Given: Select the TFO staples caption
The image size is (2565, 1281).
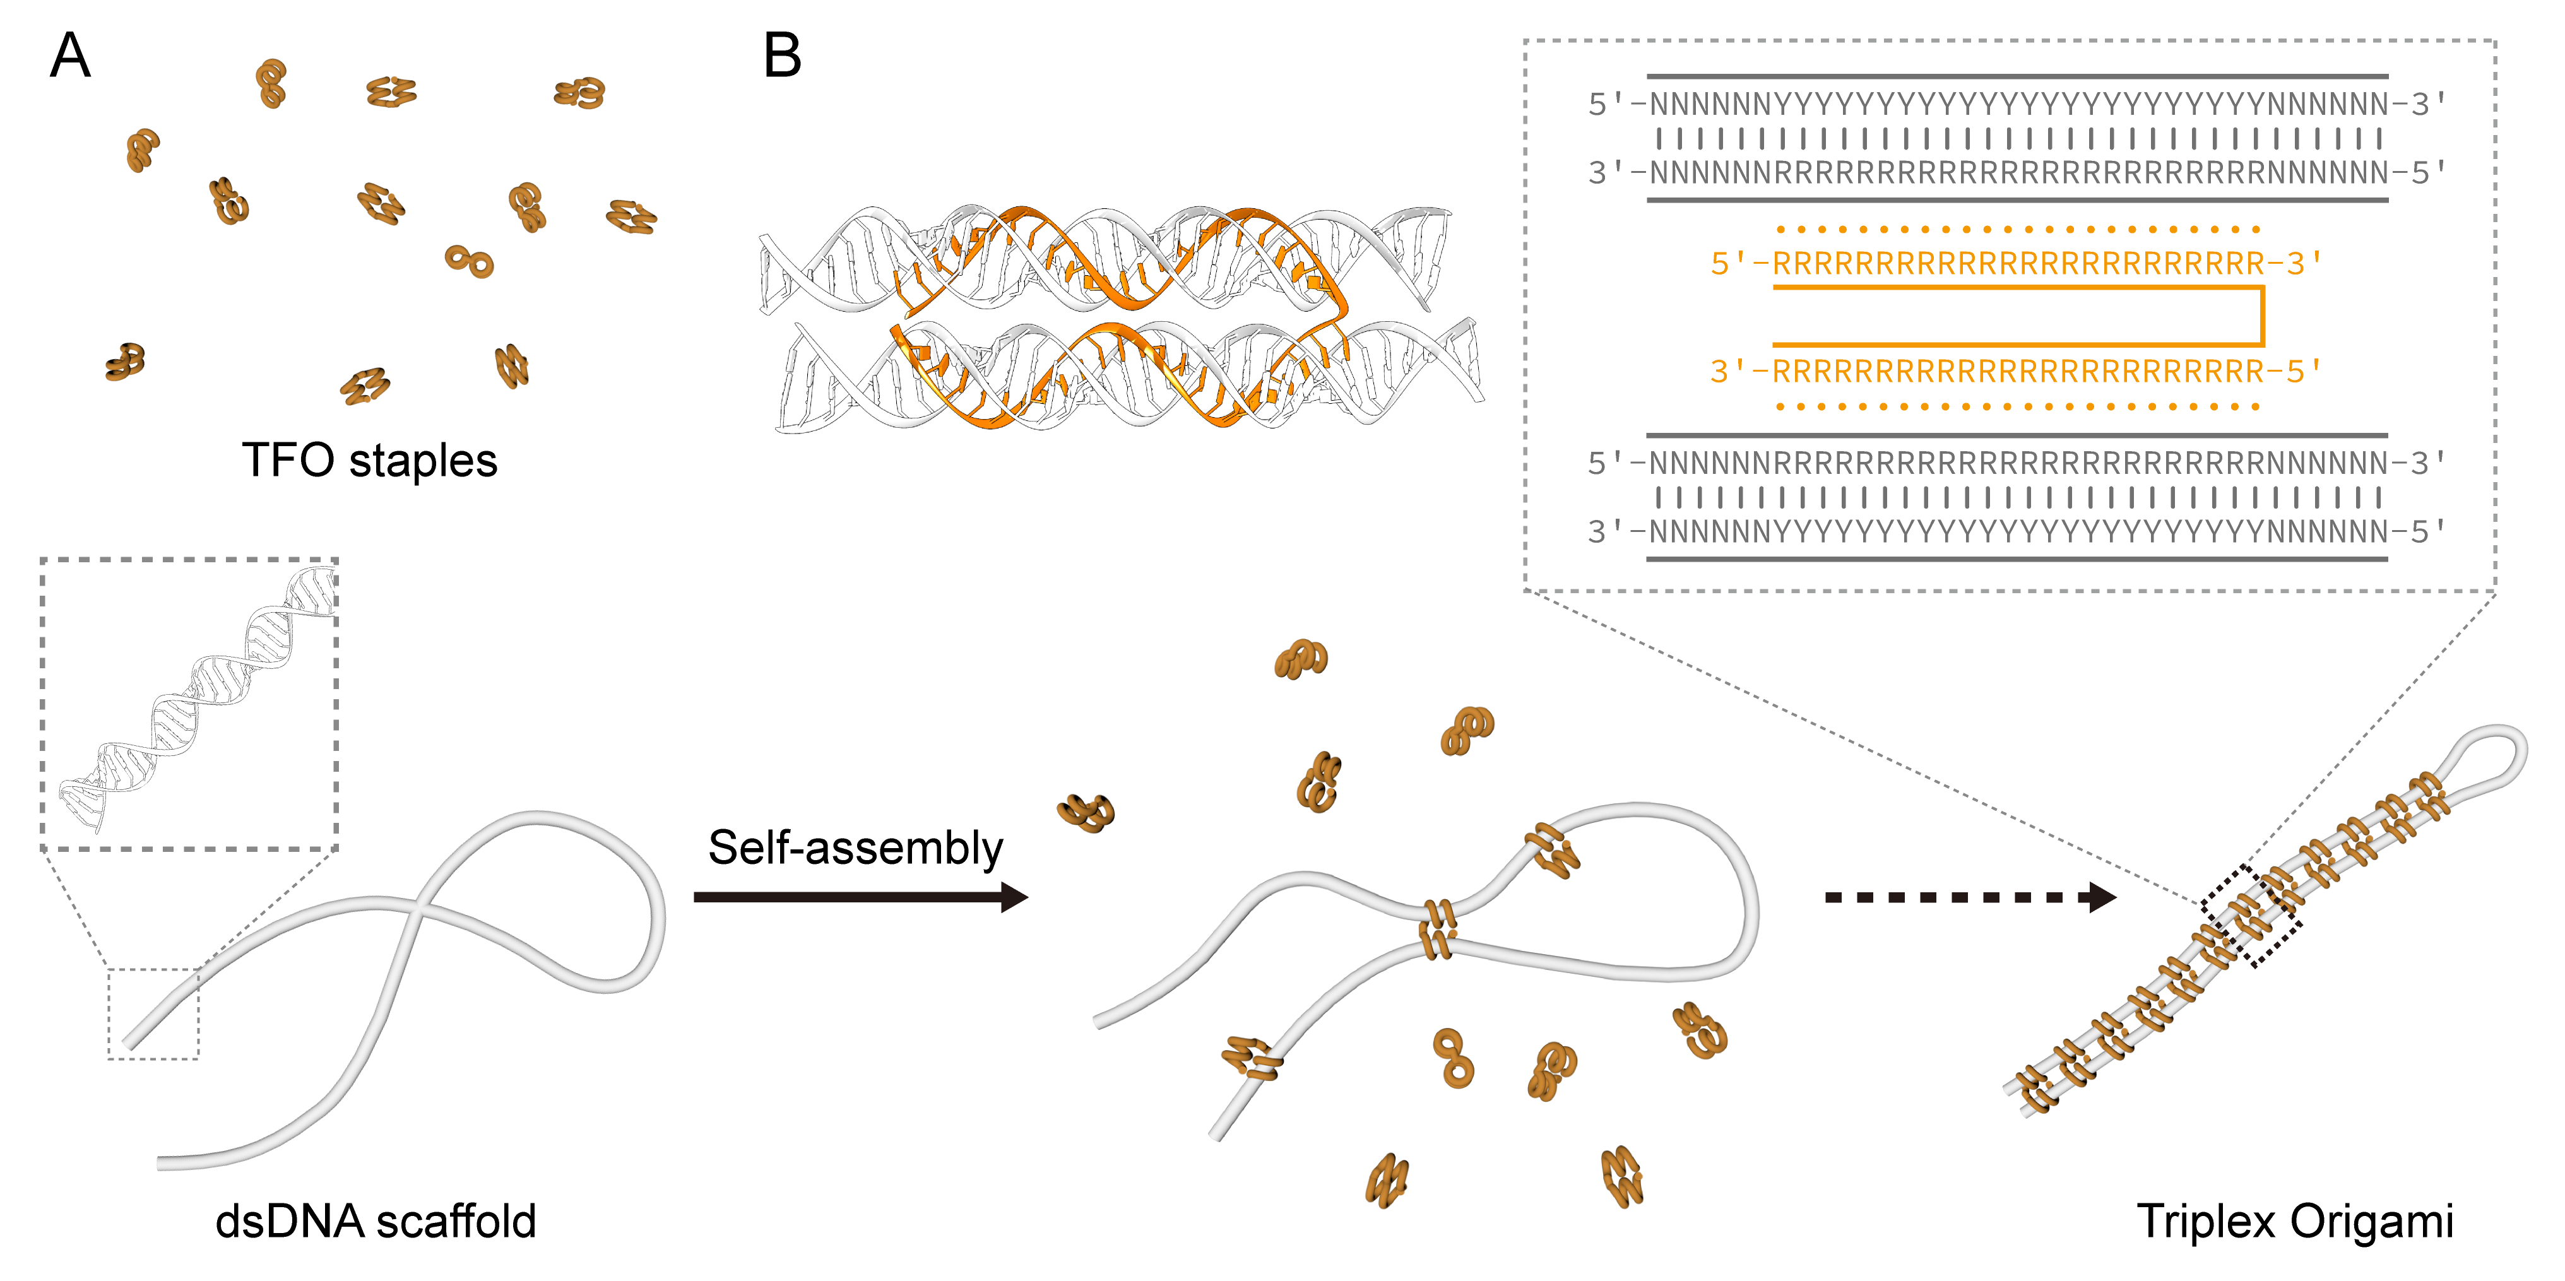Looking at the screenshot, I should coord(369,461).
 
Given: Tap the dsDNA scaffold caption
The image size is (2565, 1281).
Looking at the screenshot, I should coord(376,1221).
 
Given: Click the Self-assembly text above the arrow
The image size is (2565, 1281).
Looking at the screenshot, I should coord(855,848).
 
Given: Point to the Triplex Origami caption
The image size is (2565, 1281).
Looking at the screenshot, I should coord(2294,1221).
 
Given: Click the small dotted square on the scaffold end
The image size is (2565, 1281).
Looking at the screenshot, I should coord(153,1013).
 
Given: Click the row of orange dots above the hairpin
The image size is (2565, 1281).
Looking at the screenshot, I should coord(2017,230).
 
